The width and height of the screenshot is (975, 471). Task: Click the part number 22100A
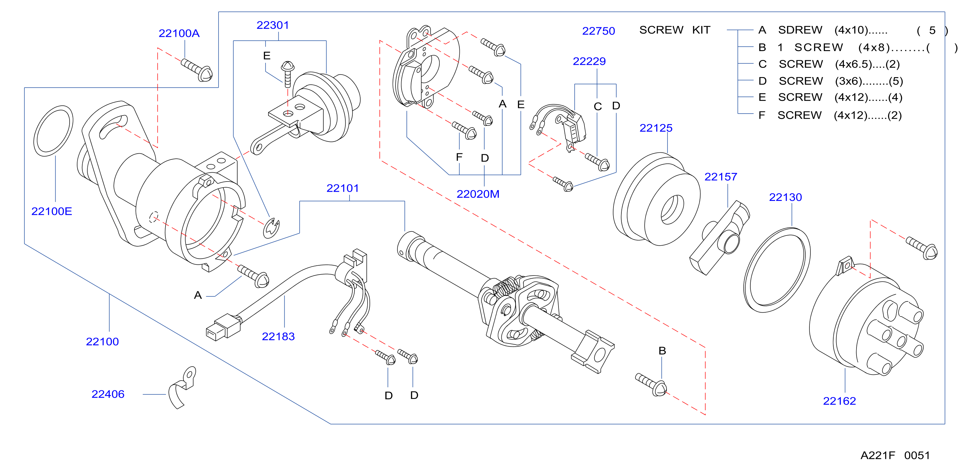179,33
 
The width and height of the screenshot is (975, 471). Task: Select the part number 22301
273,25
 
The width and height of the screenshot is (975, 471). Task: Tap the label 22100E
51,211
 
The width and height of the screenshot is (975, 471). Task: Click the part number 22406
108,394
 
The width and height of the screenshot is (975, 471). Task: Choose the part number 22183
278,336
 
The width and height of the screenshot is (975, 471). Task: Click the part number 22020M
478,194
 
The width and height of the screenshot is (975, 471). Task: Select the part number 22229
589,61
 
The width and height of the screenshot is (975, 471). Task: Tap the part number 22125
656,128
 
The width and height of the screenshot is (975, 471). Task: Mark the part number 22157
721,176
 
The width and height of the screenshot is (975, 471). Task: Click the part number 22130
785,197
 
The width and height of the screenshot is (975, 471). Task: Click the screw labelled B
651,384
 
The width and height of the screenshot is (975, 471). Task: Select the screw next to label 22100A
197,70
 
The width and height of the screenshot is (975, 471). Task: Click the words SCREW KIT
675,30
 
